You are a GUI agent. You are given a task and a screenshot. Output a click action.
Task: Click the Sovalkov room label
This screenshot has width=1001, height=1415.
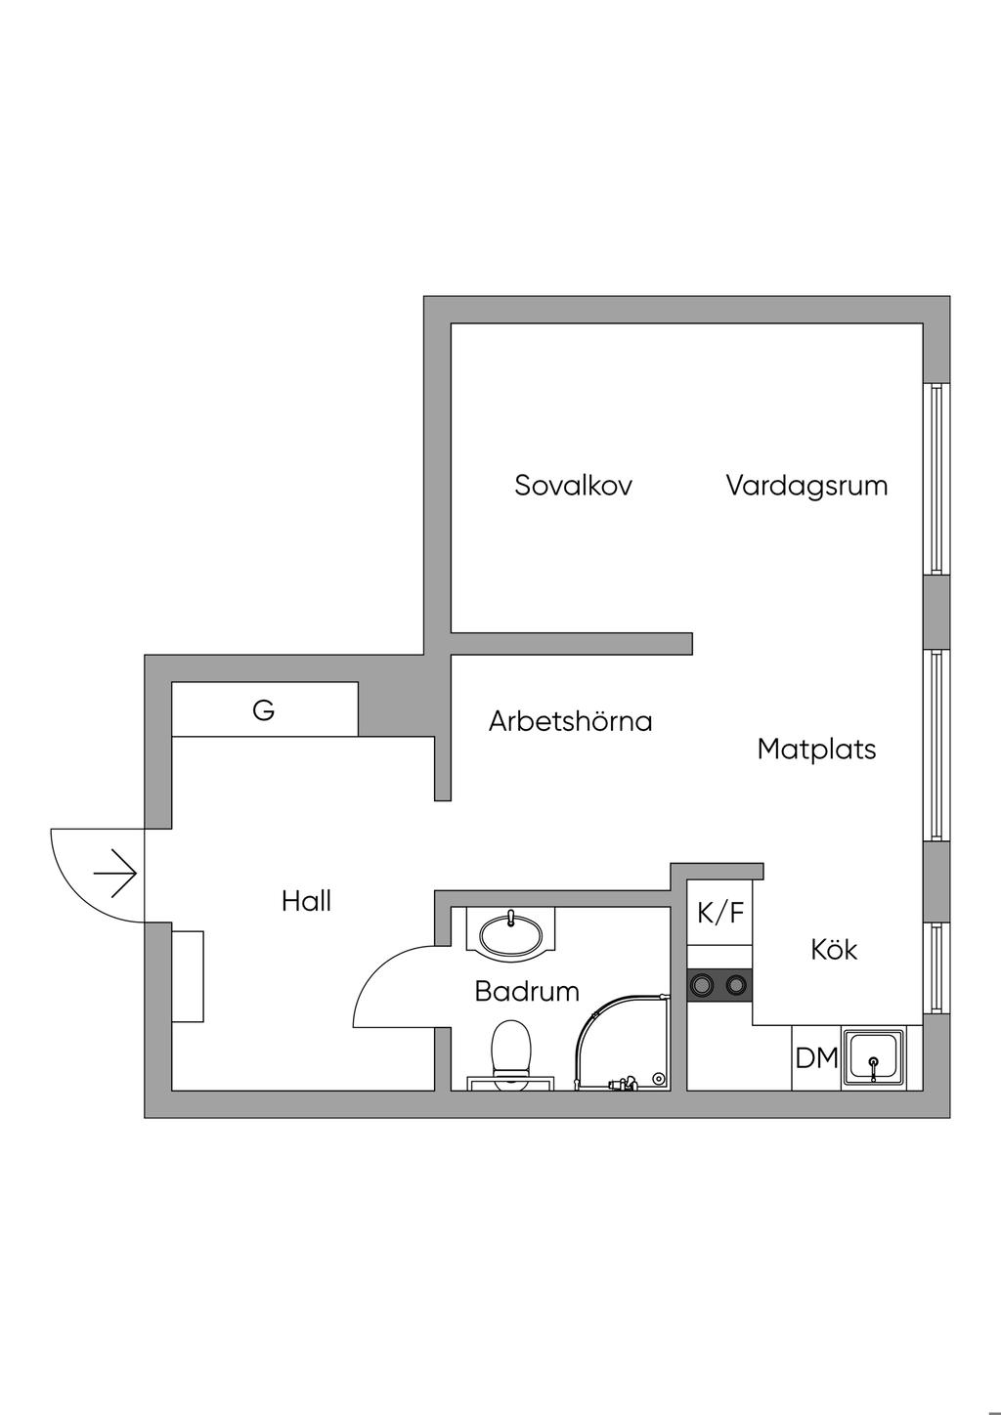(x=573, y=485)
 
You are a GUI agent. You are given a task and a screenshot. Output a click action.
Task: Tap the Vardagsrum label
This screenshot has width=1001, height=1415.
(x=806, y=485)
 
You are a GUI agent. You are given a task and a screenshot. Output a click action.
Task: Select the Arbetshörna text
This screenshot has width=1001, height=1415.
(x=570, y=721)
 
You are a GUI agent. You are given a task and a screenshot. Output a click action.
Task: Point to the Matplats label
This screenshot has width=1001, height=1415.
(x=816, y=750)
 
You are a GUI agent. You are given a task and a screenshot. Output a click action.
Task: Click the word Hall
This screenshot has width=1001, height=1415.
(x=306, y=901)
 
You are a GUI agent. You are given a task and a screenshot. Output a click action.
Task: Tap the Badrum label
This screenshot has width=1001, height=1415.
(x=527, y=991)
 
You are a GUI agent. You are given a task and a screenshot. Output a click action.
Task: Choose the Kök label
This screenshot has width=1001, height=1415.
(x=834, y=949)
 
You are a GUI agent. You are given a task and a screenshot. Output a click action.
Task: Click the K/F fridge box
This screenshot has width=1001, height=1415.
(x=720, y=913)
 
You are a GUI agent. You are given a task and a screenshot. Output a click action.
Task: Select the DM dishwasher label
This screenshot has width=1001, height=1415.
(x=816, y=1057)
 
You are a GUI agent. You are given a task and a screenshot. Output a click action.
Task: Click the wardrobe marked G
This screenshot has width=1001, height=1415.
(x=264, y=710)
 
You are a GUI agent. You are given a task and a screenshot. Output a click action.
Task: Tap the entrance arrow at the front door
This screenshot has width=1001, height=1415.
(x=114, y=873)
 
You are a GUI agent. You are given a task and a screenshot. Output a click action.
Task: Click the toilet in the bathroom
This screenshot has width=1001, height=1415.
(x=510, y=1053)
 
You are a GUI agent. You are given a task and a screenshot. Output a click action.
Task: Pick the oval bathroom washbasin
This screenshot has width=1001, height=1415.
(x=510, y=930)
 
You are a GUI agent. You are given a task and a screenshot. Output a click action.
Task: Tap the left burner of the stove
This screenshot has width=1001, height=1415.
(x=702, y=984)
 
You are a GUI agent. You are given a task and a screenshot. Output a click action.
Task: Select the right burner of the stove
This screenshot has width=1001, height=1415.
(x=736, y=984)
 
